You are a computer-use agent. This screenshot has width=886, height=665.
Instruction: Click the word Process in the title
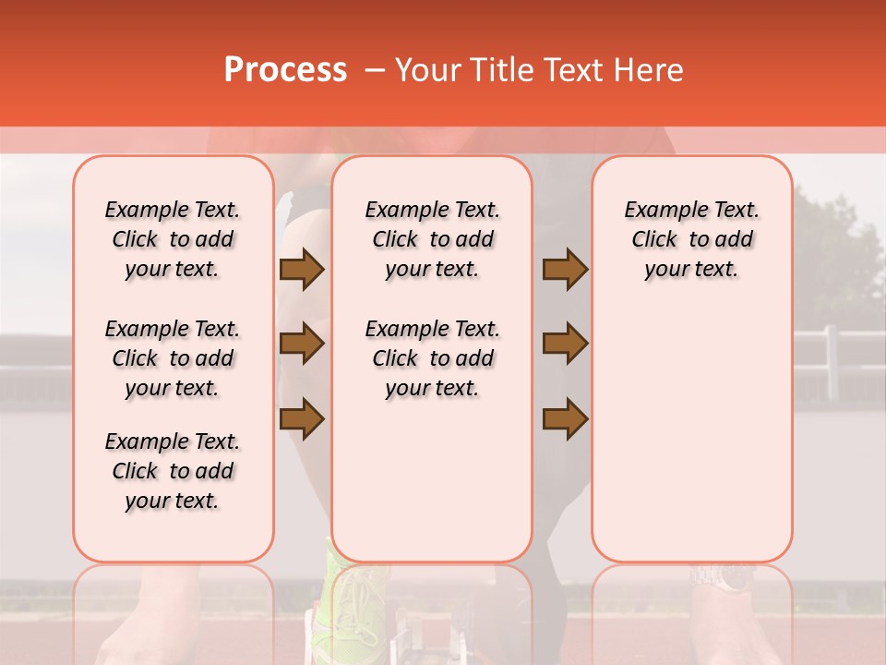(x=285, y=70)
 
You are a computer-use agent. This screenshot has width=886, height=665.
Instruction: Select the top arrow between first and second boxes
(x=302, y=270)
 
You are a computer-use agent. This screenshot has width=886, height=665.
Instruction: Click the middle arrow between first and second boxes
(x=302, y=344)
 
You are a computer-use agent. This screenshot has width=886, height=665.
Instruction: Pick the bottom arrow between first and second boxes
(x=302, y=418)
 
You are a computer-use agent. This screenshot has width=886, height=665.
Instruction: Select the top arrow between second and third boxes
(x=565, y=270)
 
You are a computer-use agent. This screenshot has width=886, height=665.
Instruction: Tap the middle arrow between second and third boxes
(x=565, y=344)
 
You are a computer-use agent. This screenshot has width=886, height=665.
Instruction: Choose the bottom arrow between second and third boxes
(x=565, y=418)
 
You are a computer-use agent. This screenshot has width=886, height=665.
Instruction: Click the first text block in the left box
(x=173, y=239)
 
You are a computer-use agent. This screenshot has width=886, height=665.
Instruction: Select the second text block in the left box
(x=173, y=358)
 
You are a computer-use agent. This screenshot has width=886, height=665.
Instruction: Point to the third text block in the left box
(x=173, y=471)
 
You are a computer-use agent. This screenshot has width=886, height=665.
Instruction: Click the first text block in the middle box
(x=433, y=239)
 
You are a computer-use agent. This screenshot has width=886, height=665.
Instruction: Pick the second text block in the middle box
(x=433, y=358)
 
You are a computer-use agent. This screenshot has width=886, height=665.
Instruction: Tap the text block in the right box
(x=692, y=239)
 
